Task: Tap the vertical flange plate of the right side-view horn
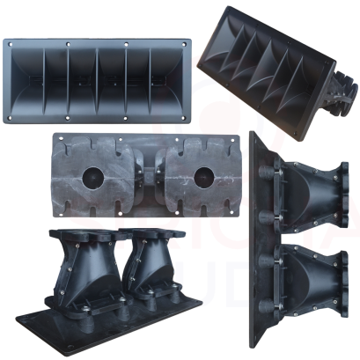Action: [258, 238]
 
